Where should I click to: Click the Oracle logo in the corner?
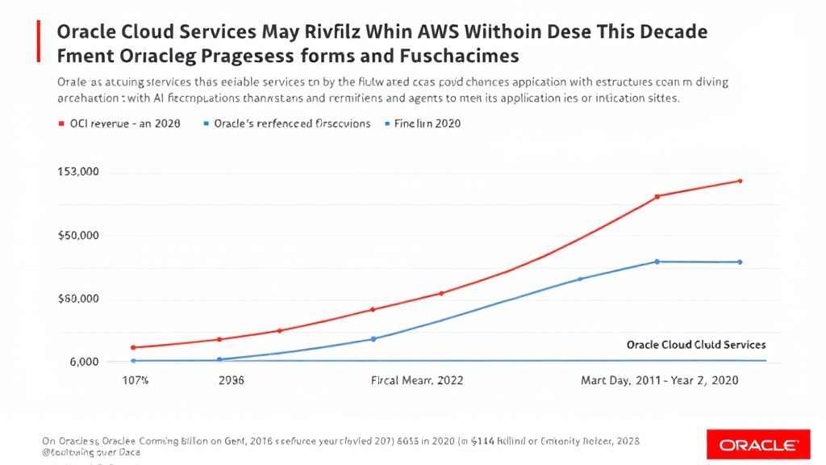point(758,445)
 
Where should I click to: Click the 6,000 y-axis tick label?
point(81,362)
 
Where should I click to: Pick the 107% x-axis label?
point(135,380)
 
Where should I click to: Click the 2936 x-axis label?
point(231,380)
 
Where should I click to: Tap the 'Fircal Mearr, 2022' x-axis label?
point(416,380)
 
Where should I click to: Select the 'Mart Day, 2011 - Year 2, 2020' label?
point(660,380)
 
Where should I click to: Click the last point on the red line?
point(740,181)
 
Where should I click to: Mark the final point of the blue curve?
point(740,262)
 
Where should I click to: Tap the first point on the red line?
point(133,347)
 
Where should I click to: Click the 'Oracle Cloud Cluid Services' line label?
point(696,345)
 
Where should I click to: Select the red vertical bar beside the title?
point(39,43)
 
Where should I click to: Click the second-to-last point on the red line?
point(657,196)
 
